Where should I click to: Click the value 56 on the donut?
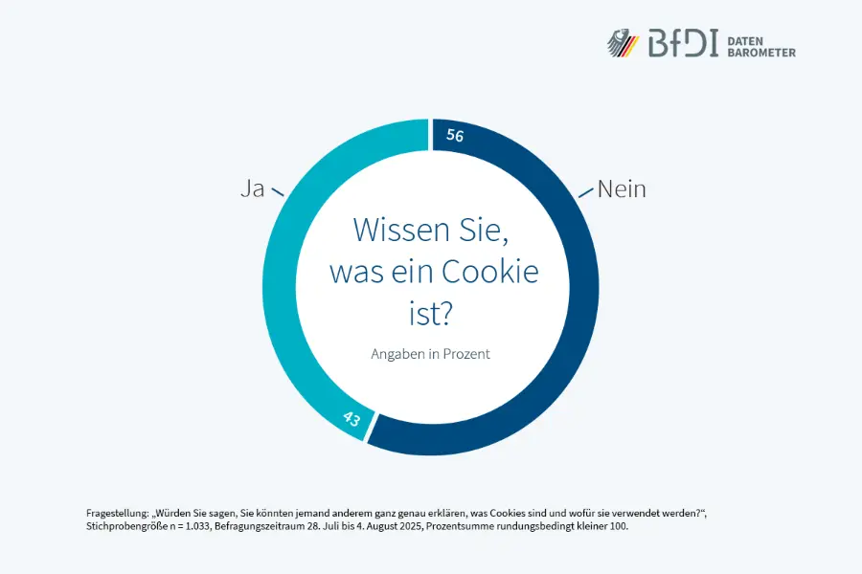[455, 137]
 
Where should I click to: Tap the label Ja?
[252, 188]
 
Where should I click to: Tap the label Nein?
[622, 188]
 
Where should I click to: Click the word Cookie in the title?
[489, 272]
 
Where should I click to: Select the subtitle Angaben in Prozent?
[430, 353]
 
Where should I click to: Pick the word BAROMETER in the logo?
[762, 52]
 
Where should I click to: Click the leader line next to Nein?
[585, 193]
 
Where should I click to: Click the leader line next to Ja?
[278, 193]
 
